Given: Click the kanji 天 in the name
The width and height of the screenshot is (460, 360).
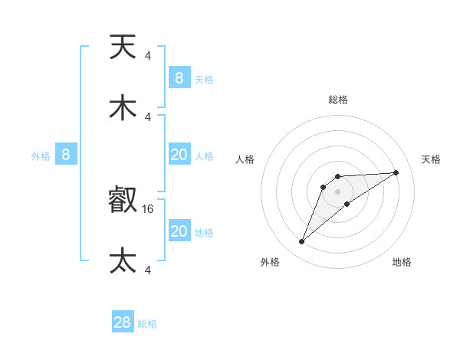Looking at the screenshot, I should point(123,48).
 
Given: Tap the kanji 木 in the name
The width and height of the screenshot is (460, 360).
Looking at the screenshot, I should point(123,109).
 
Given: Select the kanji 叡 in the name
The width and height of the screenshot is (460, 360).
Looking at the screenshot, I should point(123,201).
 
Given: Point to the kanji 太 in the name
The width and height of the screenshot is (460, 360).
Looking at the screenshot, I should point(123,261).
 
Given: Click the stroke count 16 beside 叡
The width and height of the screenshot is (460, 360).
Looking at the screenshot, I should point(148,208).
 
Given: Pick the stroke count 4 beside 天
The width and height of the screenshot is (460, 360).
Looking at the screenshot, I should point(148,55).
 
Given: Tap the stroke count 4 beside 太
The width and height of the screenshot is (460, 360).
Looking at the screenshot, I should point(148,270).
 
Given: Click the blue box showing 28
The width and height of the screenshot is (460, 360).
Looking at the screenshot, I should point(123,322).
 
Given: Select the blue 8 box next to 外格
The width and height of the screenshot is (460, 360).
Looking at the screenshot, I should point(66,155).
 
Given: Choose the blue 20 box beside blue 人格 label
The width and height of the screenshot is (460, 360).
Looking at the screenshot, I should point(179,155).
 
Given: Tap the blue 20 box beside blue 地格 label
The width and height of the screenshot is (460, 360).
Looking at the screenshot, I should point(179,231).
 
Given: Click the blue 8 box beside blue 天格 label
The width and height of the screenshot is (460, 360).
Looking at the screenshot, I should point(179,77).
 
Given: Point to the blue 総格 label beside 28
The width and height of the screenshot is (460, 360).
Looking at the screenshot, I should point(147,324).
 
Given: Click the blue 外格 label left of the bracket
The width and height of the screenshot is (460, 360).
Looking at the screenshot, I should point(41,155).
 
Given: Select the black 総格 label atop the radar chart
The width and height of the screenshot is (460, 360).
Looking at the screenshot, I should point(337,100).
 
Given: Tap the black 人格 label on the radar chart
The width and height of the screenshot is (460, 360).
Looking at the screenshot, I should point(246,159).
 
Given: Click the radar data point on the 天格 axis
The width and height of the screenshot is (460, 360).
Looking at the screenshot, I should point(396,172).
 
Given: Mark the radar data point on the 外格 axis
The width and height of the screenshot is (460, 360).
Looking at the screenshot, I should point(301,242).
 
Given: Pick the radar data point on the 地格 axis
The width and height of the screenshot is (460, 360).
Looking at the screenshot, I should point(347,203).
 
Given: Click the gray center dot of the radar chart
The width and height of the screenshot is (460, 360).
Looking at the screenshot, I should point(337,190).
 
